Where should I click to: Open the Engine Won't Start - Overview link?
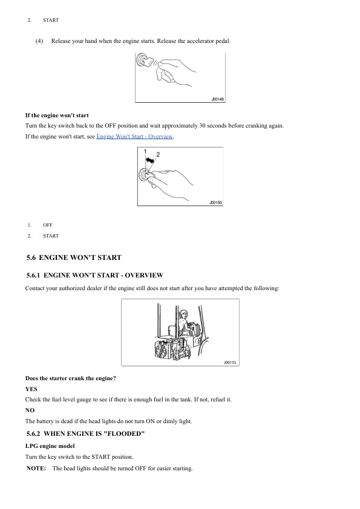click(x=134, y=137)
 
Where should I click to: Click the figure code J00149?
click(x=217, y=99)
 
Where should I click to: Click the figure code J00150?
click(x=215, y=203)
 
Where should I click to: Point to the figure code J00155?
click(x=230, y=362)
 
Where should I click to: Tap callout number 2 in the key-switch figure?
click(x=158, y=154)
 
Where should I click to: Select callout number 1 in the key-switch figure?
click(x=145, y=151)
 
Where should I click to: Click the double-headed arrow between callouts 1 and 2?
click(x=150, y=160)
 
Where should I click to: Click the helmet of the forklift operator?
click(x=183, y=313)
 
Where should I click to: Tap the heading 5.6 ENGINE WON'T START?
click(x=74, y=258)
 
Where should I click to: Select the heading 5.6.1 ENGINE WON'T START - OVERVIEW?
click(x=95, y=275)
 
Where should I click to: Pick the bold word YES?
click(x=31, y=389)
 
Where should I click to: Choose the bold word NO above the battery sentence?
click(x=30, y=410)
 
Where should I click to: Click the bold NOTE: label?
click(x=36, y=468)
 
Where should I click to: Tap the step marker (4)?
click(x=39, y=41)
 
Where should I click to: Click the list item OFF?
click(x=48, y=225)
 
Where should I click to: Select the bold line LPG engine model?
click(x=50, y=446)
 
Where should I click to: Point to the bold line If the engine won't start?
click(x=57, y=115)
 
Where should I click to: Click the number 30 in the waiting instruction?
click(x=202, y=126)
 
